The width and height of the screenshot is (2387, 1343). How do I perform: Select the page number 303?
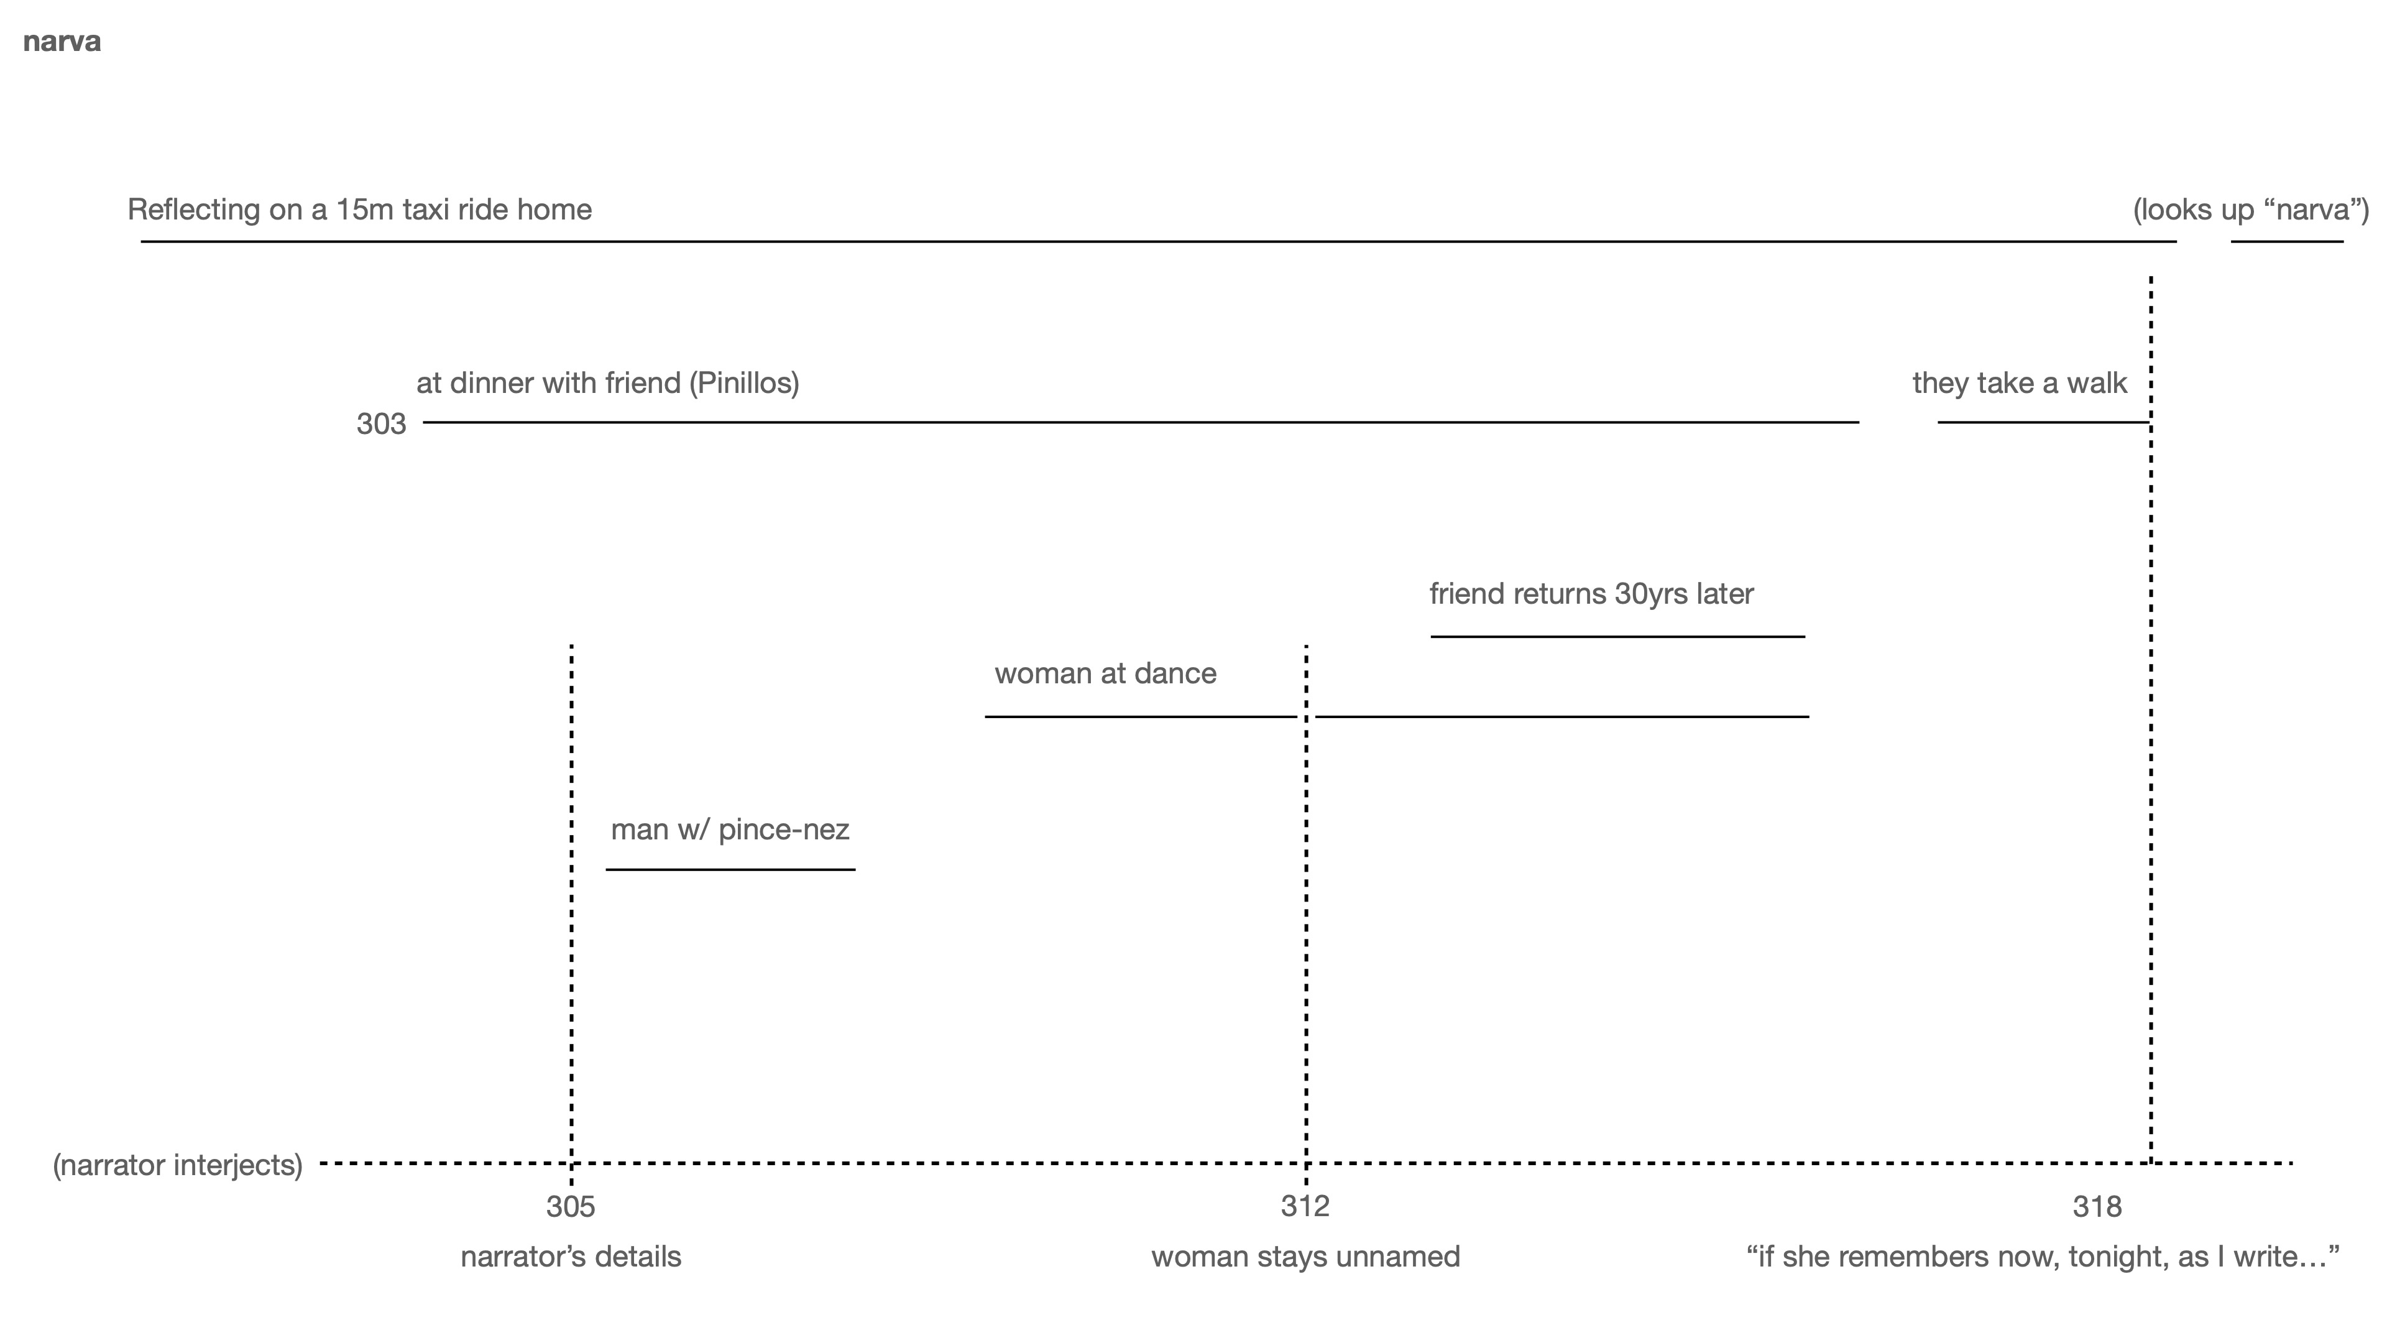381,425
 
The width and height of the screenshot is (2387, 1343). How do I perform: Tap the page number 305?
570,1207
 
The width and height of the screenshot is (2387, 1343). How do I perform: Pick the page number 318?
2096,1207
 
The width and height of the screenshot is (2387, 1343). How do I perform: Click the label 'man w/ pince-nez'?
729,829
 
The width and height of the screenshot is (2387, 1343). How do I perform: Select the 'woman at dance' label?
1105,674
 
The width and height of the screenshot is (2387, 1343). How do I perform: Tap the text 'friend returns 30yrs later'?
1591,594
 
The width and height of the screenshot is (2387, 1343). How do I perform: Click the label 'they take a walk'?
2019,384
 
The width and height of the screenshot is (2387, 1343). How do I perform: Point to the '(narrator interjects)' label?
178,1165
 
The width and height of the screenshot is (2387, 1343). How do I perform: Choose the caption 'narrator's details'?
571,1258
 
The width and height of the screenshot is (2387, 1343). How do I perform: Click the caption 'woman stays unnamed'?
1305,1258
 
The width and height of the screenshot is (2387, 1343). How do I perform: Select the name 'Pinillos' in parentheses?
743,384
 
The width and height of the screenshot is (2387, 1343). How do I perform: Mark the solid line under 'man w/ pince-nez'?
730,869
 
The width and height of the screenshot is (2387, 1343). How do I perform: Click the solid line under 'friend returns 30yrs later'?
1617,637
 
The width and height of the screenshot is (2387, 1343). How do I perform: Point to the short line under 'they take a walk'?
2042,423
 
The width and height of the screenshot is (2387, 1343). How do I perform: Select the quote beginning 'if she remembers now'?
2042,1258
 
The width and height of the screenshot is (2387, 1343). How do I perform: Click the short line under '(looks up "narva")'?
2286,242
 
